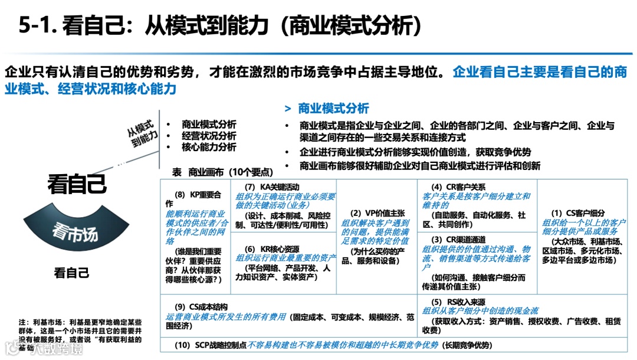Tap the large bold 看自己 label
(x=77, y=184)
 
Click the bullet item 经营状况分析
(x=209, y=136)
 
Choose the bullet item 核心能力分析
(x=209, y=147)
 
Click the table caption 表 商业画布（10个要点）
(x=222, y=172)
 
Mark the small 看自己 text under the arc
(x=71, y=273)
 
